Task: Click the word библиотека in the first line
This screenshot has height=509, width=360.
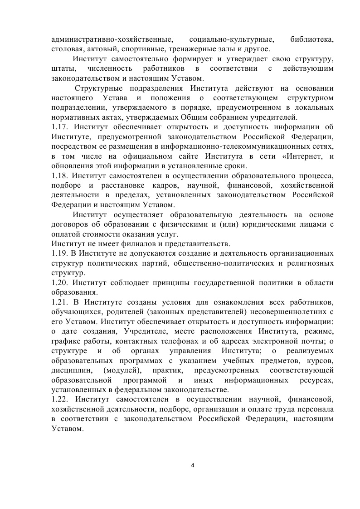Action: pyautogui.click(x=312, y=39)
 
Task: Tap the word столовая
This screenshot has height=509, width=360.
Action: pyautogui.click(x=67, y=49)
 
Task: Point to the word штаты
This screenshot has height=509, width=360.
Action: pyautogui.click(x=62, y=68)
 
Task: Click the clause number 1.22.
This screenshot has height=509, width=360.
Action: pyautogui.click(x=60, y=399)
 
